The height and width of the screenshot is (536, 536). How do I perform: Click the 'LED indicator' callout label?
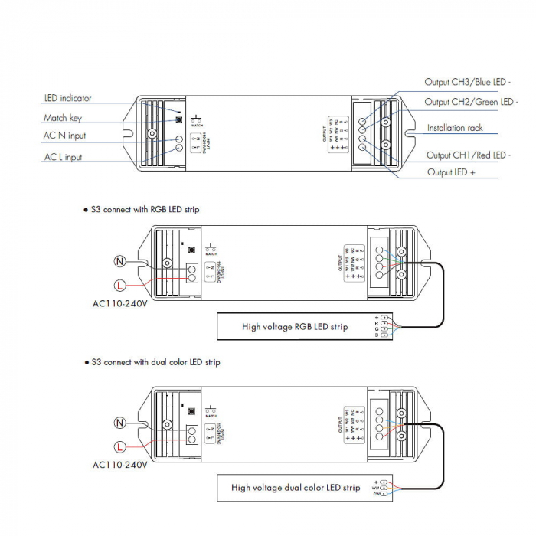click(68, 98)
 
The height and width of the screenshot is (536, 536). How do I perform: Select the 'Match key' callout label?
click(63, 118)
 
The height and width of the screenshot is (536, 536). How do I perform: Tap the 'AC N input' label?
click(65, 136)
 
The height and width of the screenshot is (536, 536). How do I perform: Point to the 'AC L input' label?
click(64, 157)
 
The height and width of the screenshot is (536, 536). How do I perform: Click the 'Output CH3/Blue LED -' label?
click(467, 82)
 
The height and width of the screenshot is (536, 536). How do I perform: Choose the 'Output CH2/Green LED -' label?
click(470, 102)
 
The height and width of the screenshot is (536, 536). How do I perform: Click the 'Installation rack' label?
click(455, 128)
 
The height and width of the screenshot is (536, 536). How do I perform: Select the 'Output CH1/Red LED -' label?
click(469, 155)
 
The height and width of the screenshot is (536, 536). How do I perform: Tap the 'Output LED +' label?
click(452, 172)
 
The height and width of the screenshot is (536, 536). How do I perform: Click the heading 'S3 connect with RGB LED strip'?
click(145, 208)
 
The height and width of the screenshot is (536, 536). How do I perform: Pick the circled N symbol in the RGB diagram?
click(119, 261)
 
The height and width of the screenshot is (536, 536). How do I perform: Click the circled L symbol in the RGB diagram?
click(119, 285)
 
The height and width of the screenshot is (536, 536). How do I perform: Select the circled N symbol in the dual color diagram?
click(119, 423)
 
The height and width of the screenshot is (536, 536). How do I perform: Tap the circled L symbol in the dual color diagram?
click(119, 446)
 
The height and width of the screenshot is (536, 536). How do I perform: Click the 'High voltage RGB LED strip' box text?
click(295, 327)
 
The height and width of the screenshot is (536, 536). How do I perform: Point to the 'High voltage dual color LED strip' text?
click(296, 487)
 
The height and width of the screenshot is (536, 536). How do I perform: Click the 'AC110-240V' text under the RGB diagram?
click(120, 303)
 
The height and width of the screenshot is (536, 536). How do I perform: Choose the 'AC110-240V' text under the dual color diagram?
click(120, 464)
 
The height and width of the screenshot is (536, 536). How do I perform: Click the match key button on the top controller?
click(178, 118)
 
